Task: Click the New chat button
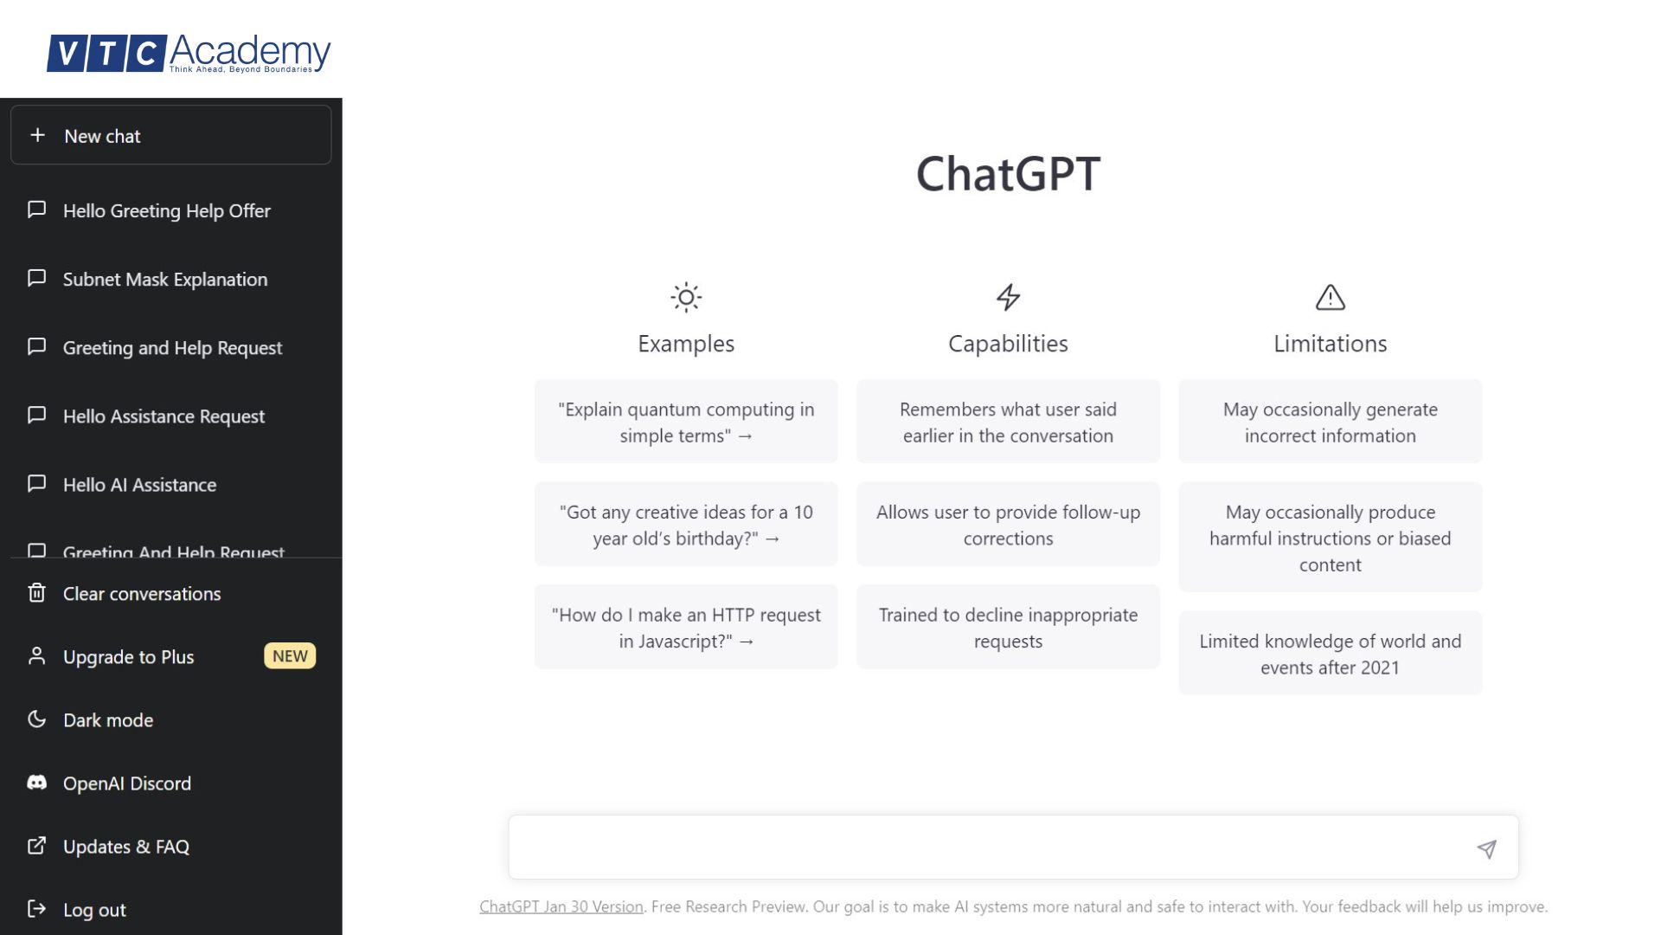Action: (170, 136)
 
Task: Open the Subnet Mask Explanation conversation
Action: (164, 280)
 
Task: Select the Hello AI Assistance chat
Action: (139, 485)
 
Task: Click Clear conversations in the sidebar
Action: (141, 594)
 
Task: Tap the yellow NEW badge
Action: (290, 656)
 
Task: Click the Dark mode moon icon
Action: (36, 719)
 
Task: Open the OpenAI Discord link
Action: (126, 783)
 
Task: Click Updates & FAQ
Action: (125, 847)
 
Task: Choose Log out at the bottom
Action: (93, 910)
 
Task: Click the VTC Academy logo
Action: (189, 54)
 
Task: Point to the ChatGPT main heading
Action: (1008, 174)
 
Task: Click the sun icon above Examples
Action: (686, 298)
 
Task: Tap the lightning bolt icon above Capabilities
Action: (1008, 298)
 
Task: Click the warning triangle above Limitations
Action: (1330, 298)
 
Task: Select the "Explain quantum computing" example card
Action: (686, 422)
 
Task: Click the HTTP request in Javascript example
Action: (686, 628)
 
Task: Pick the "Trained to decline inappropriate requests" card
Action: (1008, 628)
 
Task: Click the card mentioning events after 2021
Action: (1330, 654)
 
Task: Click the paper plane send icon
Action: (1486, 849)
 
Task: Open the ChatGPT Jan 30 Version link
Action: (561, 906)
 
